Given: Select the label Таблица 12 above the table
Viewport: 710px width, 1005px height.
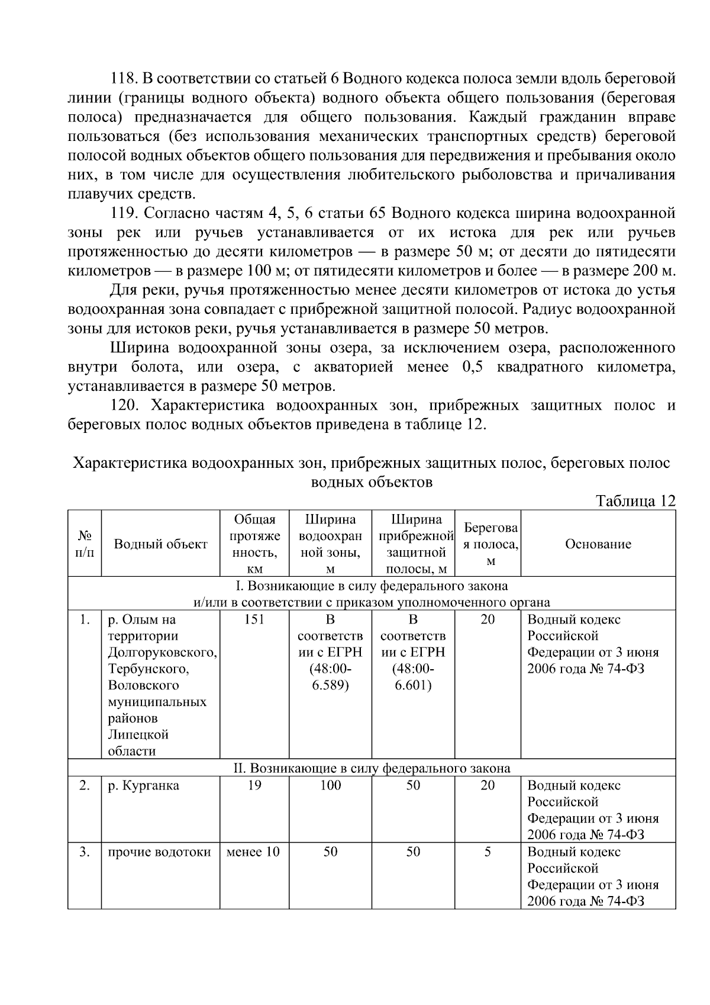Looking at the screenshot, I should tap(635, 501).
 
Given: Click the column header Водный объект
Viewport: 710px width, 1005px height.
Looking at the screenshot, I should tap(160, 544).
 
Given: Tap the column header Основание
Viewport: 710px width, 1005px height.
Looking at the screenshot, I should tap(598, 544).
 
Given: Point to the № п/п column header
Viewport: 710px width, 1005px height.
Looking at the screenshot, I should tap(85, 544).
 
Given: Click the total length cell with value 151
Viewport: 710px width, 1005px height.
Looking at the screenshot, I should tap(254, 620).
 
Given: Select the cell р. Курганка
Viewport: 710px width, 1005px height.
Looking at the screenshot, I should tap(143, 786).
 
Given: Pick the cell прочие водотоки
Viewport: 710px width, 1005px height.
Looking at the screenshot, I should tap(159, 852).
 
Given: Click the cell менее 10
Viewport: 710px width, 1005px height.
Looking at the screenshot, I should tap(254, 852).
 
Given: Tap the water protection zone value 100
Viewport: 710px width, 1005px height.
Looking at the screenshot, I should tap(330, 786).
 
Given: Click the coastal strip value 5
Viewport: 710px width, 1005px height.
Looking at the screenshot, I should tap(487, 852).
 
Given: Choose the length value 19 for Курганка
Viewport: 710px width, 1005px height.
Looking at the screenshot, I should tap(254, 786).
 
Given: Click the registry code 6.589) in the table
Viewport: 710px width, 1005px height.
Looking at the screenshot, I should tap(330, 686).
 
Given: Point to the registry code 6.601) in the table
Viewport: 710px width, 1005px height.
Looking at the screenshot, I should tap(413, 686).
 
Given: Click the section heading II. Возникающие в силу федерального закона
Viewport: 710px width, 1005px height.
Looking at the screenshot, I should tap(372, 769).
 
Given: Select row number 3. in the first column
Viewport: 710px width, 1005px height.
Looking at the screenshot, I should tap(85, 852).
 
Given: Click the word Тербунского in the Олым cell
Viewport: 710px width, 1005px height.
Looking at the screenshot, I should tap(148, 669).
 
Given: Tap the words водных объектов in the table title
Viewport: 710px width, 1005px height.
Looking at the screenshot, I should tap(372, 482).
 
